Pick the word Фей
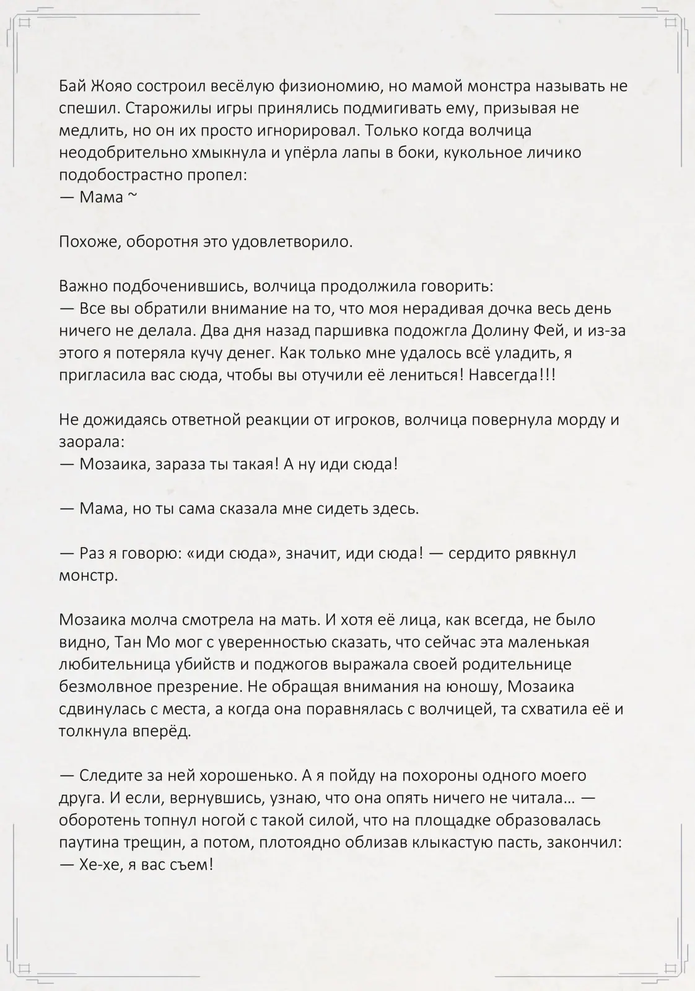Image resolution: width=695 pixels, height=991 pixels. point(548,331)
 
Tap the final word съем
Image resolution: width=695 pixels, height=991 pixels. point(193,865)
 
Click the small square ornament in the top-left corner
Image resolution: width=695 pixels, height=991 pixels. point(25,23)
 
